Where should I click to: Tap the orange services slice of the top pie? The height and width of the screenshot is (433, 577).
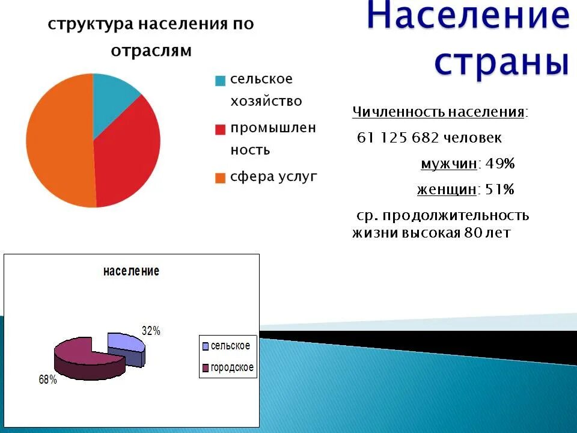[x=57, y=141]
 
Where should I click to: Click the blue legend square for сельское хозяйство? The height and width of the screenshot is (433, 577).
[x=221, y=81]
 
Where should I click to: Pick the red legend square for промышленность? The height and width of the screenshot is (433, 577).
[x=221, y=129]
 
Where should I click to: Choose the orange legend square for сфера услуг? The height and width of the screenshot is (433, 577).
[x=221, y=178]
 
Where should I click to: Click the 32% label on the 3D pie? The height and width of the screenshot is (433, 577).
[x=151, y=331]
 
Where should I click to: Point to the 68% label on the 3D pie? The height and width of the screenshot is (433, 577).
[x=47, y=380]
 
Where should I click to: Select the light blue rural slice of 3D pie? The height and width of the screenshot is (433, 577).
[x=126, y=343]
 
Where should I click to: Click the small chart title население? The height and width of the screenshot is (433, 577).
[x=131, y=271]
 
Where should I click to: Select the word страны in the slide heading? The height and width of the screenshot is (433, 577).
[x=501, y=62]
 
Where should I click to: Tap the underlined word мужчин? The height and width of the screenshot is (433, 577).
[x=449, y=164]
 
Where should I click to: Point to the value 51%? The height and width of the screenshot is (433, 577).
[x=499, y=190]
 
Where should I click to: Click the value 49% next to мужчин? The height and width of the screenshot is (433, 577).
[x=499, y=164]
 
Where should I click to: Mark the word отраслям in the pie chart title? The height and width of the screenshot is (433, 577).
[x=151, y=51]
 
